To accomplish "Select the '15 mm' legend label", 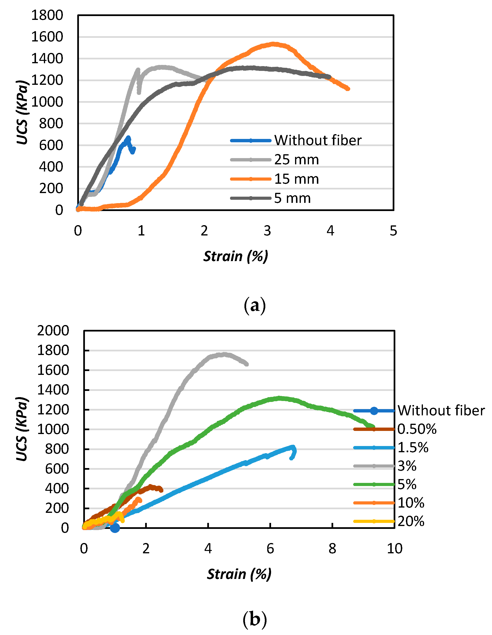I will point(296,179).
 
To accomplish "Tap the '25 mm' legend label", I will point(296,160).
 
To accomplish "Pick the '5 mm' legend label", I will point(292,198).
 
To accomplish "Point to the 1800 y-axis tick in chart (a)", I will point(47,15).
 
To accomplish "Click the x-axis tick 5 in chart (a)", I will point(393,231).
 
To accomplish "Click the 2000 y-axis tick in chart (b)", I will point(53,331).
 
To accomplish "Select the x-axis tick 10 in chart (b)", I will point(394,549).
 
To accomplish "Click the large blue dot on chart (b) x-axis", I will point(115,528).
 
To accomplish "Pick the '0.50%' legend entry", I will point(417,429).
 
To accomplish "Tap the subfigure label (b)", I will point(255,620).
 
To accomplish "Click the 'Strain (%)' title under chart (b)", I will point(239,574).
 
